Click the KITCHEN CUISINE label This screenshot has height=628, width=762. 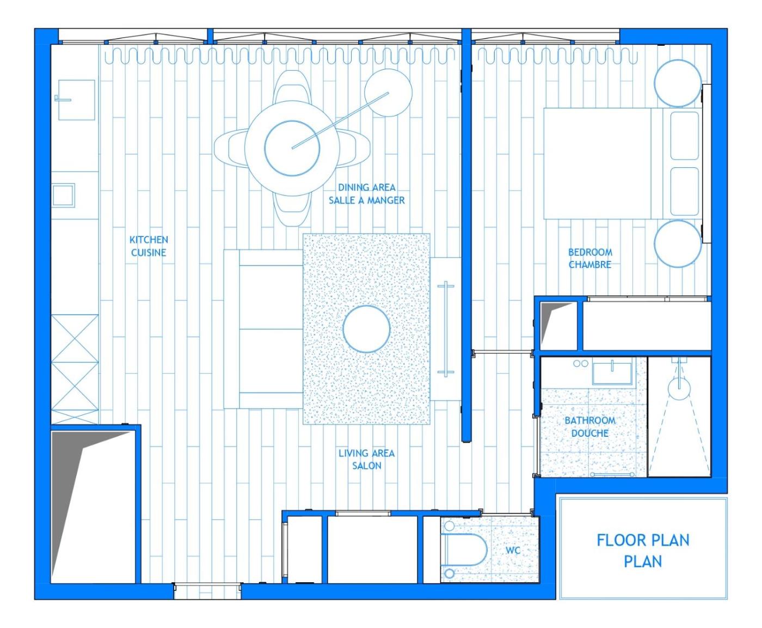[149, 246]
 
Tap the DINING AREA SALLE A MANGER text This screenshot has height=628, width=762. [366, 194]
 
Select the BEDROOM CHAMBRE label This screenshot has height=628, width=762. [590, 258]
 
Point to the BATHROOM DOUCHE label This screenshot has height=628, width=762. [590, 426]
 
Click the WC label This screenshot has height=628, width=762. [512, 550]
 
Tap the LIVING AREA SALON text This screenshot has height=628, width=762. [366, 459]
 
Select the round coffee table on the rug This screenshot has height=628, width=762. [366, 329]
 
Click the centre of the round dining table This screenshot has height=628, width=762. [292, 148]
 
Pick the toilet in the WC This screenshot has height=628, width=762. [464, 550]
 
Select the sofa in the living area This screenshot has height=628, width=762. [263, 329]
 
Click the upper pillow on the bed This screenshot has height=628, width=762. [685, 136]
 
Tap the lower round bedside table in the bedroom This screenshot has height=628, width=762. [678, 243]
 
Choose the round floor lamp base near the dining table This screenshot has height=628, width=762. [388, 93]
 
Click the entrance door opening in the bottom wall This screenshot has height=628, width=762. [207, 591]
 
